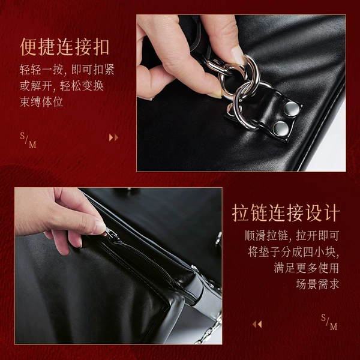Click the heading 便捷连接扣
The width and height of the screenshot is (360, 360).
pos(65,47)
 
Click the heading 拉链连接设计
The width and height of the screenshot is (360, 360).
pos(286,213)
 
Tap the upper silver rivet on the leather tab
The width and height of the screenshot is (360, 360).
pos(292,109)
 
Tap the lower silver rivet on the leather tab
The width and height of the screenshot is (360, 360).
pos(281,128)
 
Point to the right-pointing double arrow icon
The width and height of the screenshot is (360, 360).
pos(113,137)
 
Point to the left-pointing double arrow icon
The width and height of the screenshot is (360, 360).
pos(257,324)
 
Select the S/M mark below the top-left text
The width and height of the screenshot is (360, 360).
pos(28,140)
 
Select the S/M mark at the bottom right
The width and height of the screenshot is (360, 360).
pos(329,322)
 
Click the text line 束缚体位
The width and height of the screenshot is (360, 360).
pos(41,102)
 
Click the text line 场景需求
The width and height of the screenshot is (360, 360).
pos(317,284)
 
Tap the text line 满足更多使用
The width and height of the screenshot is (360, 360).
pos(307,268)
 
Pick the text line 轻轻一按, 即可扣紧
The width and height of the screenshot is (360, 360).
pos(67,70)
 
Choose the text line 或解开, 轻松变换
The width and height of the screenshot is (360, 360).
pos(62,86)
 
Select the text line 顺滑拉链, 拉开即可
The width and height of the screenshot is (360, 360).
pos(292,236)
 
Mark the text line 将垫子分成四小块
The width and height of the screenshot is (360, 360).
pos(293,251)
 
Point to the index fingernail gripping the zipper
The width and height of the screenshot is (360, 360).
pos(100,227)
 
